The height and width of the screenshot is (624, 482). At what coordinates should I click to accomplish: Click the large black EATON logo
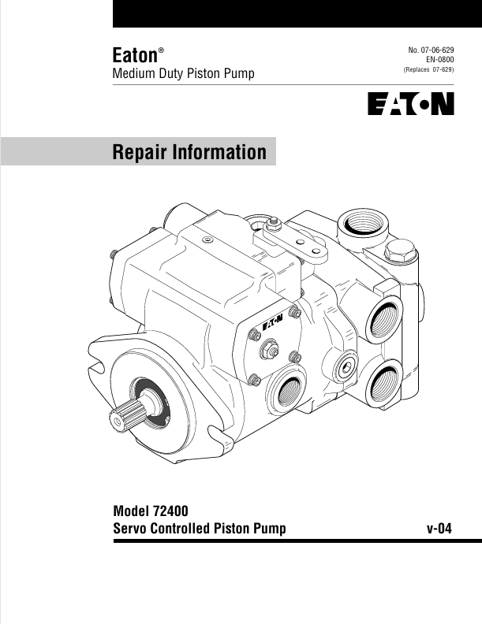tap(411, 104)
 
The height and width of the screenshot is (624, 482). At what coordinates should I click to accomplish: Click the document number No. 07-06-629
tap(431, 50)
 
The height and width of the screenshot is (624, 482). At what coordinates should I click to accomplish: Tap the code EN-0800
tap(439, 60)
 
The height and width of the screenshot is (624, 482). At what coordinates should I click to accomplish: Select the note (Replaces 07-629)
tap(428, 69)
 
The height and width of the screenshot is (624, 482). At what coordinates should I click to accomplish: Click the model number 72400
tap(170, 511)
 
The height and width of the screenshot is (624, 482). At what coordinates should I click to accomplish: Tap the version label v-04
tap(439, 529)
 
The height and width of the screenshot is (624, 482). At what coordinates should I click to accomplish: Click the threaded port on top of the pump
tap(362, 225)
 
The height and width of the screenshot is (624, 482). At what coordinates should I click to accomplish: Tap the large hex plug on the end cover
tap(400, 251)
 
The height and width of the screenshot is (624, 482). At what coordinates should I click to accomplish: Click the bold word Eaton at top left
tap(135, 55)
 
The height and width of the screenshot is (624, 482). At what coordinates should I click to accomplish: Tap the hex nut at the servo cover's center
tap(269, 350)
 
